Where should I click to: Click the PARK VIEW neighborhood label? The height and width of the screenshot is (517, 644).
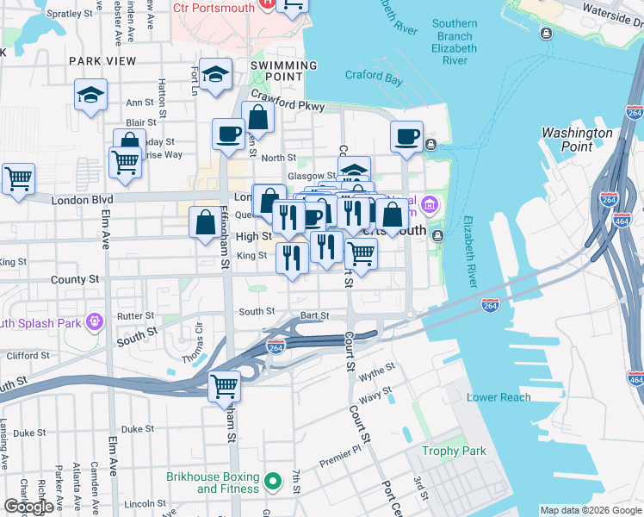[x=102, y=61]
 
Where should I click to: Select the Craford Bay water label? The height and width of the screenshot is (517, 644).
[x=375, y=76]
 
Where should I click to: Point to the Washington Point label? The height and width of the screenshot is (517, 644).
[x=577, y=140]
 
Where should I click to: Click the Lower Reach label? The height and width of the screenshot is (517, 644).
[x=498, y=397]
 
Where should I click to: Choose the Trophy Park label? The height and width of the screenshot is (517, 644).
[x=454, y=451]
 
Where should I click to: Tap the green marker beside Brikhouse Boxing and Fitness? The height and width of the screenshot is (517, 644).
[x=273, y=483]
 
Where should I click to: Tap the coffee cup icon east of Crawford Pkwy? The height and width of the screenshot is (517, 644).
[x=407, y=135]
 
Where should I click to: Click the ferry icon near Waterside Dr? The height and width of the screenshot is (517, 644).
[x=546, y=34]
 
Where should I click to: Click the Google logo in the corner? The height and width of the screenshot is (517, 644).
[x=28, y=507]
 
